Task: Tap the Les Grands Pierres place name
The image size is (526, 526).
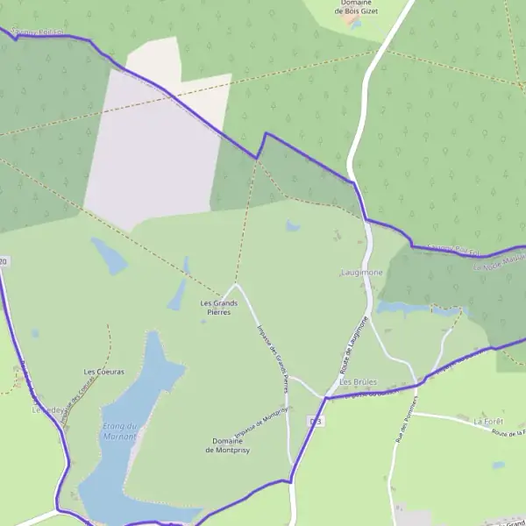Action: tap(219, 307)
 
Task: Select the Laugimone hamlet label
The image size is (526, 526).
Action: tap(361, 273)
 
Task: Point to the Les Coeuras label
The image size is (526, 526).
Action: tap(103, 372)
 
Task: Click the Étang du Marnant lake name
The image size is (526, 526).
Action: tap(118, 431)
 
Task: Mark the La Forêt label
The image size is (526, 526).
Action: tap(487, 422)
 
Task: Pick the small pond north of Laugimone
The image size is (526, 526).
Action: tap(292, 226)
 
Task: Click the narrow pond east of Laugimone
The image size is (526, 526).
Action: tap(412, 309)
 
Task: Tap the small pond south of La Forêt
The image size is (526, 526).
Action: tap(498, 465)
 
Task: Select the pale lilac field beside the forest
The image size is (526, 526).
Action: tap(153, 149)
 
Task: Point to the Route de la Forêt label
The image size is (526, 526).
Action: tap(508, 433)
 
